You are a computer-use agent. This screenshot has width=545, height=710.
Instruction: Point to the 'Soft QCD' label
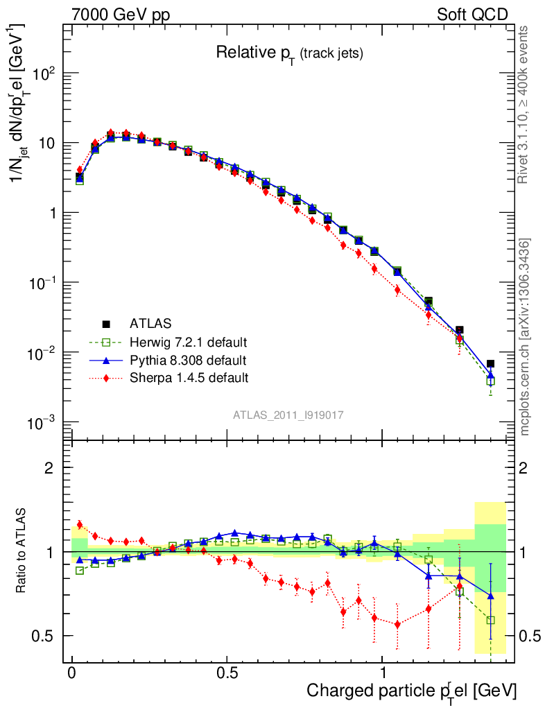pos(472,15)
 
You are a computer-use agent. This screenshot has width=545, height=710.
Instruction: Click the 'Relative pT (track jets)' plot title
pos(289,53)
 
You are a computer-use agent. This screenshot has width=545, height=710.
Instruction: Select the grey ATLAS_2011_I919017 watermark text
pos(288,415)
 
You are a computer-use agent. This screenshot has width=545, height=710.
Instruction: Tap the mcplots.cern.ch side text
pos(525,336)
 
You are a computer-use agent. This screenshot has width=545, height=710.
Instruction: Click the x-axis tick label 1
pos(383,673)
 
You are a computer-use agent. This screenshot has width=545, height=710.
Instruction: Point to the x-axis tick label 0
pos(72,673)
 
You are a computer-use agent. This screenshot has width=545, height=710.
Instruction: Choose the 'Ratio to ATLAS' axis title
pos(22,550)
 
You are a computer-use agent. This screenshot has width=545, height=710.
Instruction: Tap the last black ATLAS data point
pos(490,363)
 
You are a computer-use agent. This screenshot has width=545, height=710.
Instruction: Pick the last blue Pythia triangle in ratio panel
pos(490,595)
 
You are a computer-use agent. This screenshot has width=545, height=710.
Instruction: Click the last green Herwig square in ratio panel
pos(490,621)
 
